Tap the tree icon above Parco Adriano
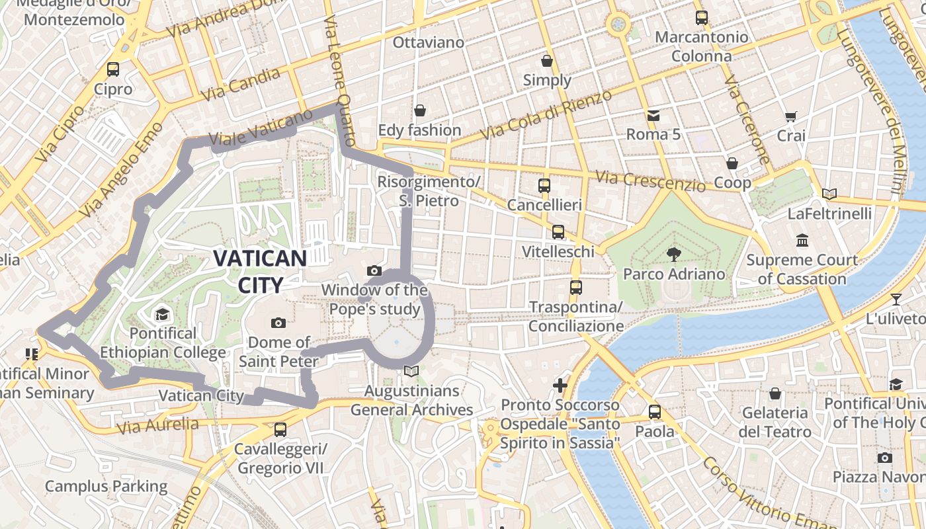674,254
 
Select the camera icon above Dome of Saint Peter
278,323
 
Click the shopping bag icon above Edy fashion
419,110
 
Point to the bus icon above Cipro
113,69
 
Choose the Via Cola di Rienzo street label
546,115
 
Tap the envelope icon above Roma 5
653,116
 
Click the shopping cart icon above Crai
790,117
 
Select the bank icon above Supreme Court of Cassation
802,240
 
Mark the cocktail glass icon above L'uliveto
896,299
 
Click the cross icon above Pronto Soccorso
560,385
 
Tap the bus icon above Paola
655,411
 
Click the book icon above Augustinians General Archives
411,372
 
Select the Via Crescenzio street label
650,181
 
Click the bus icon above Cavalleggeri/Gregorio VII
280,430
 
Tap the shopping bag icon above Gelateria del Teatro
775,393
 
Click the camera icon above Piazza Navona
885,458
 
